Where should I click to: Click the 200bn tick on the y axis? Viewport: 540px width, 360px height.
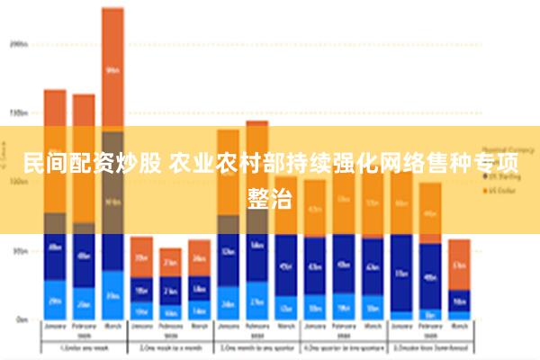pos(18,43)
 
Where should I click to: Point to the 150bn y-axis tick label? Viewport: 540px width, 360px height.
pos(18,113)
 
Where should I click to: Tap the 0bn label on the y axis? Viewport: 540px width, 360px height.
pos(20,319)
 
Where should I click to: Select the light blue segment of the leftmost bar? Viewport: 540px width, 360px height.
pos(55,300)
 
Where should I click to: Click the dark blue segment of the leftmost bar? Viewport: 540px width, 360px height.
pos(55,247)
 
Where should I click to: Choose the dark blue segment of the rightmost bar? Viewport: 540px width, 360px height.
pos(459,301)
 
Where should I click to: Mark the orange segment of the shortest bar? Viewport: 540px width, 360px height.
pos(170,262)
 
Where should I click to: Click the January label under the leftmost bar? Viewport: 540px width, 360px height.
pos(55,327)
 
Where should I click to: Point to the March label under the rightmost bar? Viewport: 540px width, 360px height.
pos(459,327)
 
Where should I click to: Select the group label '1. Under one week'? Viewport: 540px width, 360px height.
pos(84,347)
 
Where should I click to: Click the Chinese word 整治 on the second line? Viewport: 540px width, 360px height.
pos(270,197)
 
